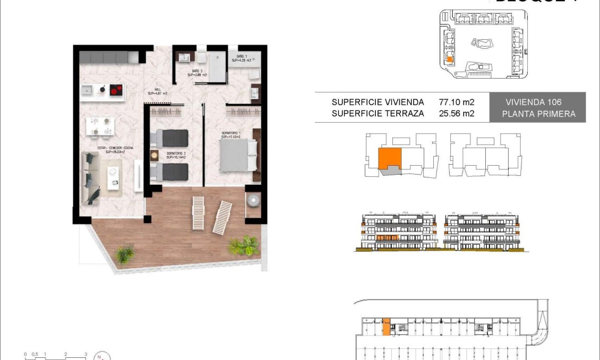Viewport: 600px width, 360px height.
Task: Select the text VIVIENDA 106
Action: (533, 102)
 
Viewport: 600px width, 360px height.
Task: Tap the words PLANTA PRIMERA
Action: (538, 114)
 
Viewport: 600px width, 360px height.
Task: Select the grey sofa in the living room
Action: (90, 177)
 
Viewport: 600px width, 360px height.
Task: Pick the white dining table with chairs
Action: (101, 126)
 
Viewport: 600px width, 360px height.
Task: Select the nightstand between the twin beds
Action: (155, 155)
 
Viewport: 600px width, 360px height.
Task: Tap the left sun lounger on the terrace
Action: (198, 212)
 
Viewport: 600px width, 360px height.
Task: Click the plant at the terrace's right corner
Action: (245, 245)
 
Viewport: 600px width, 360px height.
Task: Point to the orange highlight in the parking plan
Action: (386, 327)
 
